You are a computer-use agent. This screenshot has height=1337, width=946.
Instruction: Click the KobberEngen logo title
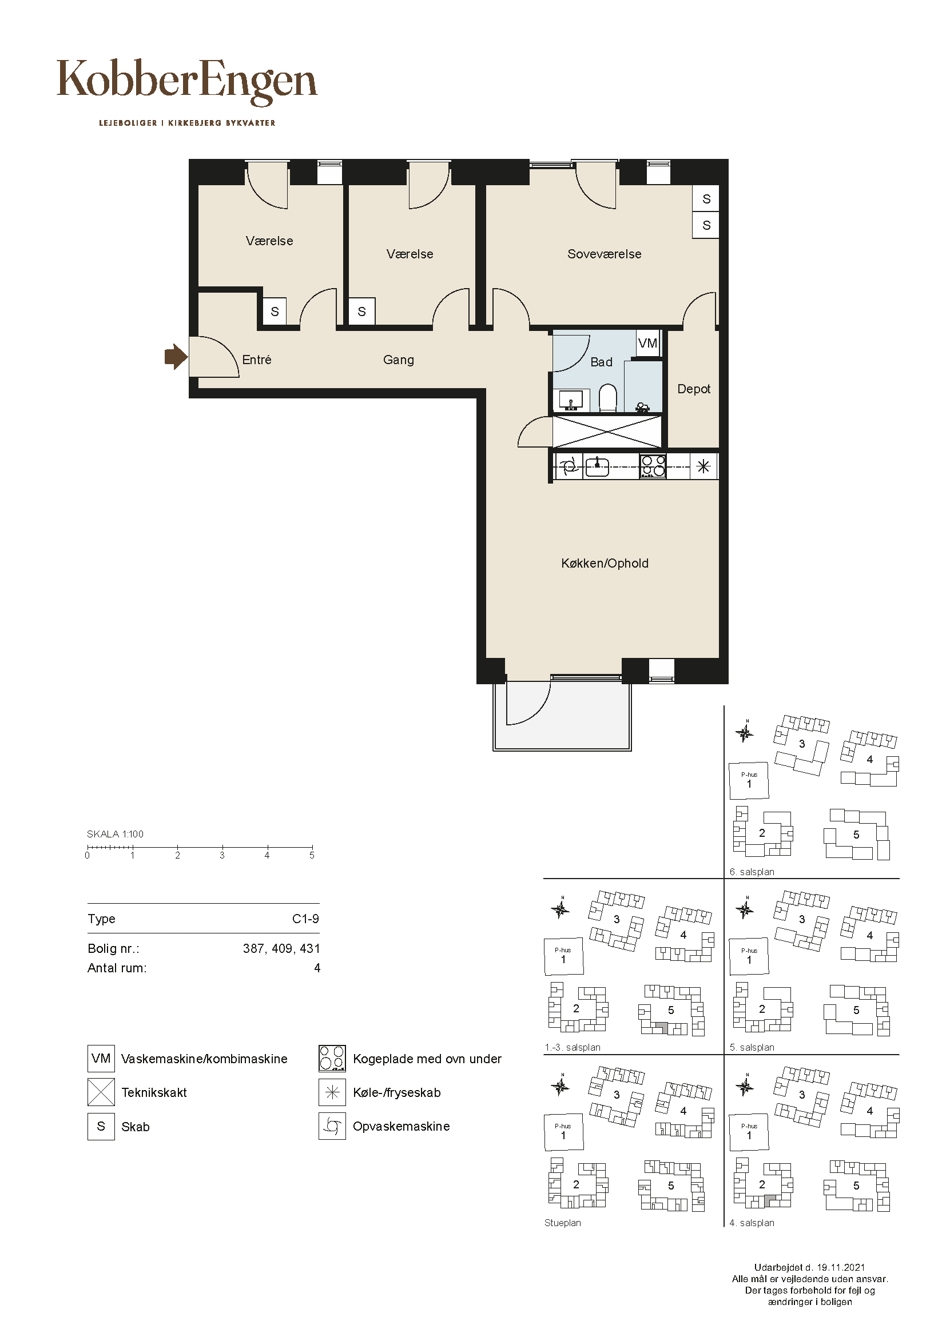[187, 82]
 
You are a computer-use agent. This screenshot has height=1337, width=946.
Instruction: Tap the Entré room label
[257, 360]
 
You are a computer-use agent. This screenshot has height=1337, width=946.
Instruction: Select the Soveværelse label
[604, 254]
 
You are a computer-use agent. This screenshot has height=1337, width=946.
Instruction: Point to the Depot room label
[694, 389]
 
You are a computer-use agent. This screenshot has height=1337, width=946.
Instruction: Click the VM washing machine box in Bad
[648, 343]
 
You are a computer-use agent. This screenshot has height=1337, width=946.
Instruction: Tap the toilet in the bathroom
[607, 398]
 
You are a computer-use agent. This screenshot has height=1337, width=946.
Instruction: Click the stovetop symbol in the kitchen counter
[653, 466]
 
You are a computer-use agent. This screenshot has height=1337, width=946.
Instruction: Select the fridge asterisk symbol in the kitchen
[703, 466]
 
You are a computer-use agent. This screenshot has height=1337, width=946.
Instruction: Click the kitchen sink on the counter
[597, 466]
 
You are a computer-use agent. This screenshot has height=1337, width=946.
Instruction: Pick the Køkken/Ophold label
[605, 563]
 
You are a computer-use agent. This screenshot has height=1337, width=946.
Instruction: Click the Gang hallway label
[399, 360]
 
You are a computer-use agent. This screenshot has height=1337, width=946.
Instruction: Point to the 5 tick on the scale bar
[312, 848]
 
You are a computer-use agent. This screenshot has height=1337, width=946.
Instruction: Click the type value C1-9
[306, 919]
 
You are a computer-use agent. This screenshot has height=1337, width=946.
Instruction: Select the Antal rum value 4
[317, 968]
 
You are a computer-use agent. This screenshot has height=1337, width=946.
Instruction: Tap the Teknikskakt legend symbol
[101, 1092]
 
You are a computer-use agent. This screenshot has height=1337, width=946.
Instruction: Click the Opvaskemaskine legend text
[402, 1126]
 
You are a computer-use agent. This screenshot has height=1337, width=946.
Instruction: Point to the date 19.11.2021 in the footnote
[841, 1267]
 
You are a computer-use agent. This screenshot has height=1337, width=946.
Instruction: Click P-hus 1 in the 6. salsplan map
[749, 781]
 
